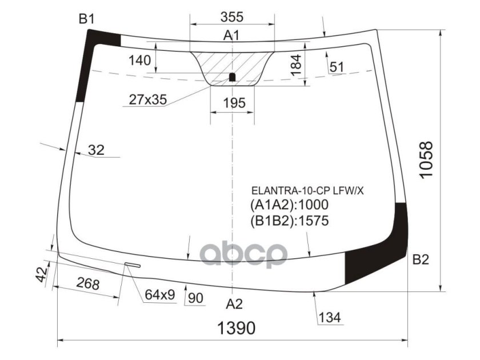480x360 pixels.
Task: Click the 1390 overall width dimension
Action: coord(235,328)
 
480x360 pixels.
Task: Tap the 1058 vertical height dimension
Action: coord(426,159)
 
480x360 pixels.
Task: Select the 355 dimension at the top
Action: coord(232,17)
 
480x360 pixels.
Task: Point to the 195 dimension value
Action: coord(234,103)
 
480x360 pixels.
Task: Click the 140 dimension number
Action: coord(139,61)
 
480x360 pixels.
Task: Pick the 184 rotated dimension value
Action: coord(296,65)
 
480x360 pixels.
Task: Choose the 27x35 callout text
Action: coord(148,99)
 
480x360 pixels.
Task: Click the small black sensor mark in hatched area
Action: coord(233,77)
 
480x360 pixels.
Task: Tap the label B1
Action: coord(86,19)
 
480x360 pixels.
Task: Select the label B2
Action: coord(421,259)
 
